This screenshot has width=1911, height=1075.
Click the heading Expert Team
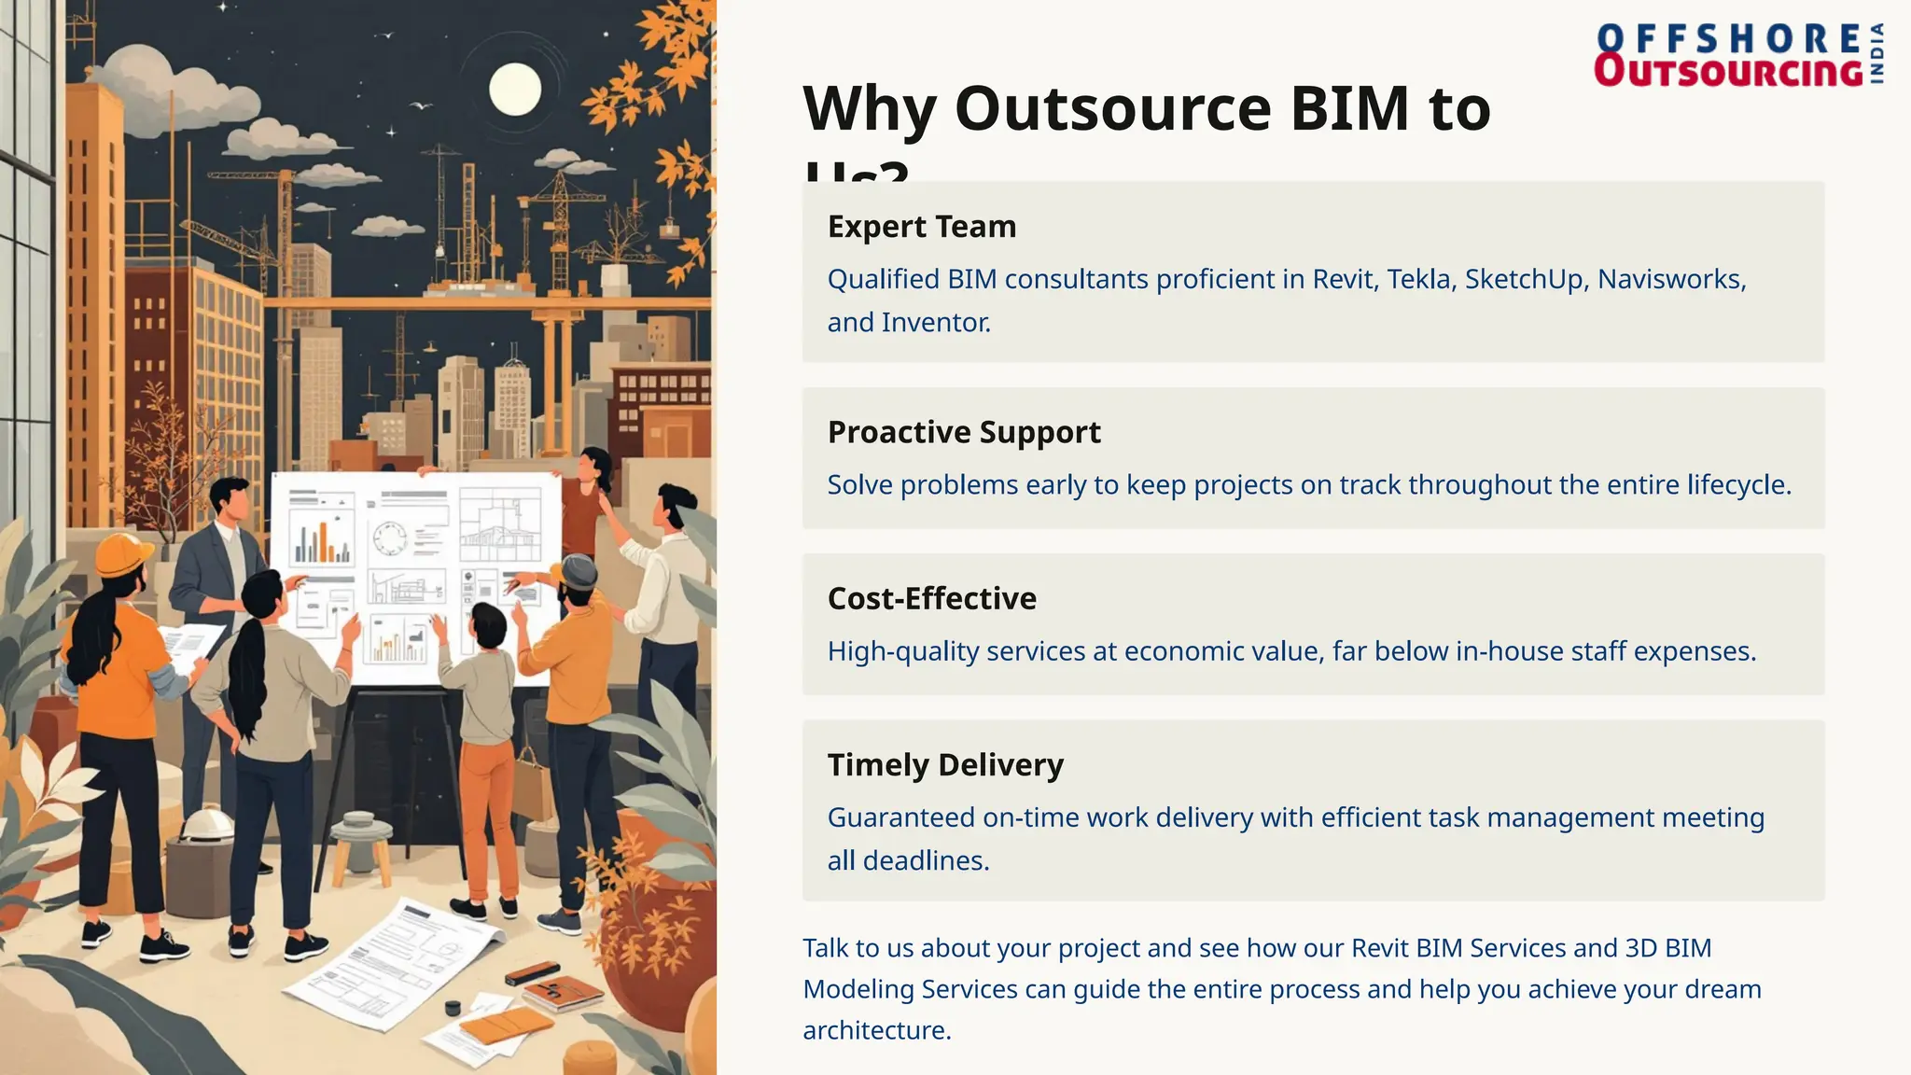click(x=921, y=227)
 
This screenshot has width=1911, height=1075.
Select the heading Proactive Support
click(x=963, y=432)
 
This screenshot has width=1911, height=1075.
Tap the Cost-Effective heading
click(x=931, y=598)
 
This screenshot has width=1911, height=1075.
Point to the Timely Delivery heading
click(x=944, y=764)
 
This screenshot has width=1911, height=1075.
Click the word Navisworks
click(x=1670, y=279)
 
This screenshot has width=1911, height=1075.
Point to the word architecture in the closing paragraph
click(x=875, y=1030)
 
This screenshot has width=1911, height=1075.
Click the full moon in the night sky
click(x=515, y=90)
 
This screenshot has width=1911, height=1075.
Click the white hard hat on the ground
click(x=207, y=826)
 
